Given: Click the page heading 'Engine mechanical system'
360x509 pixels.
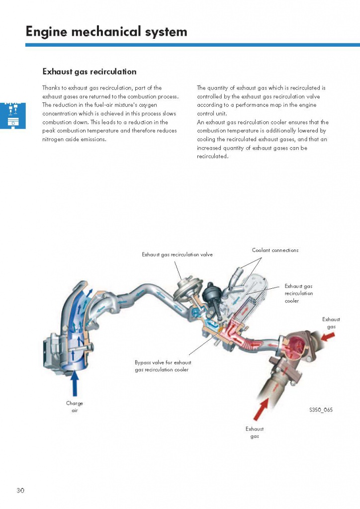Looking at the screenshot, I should coord(106,32).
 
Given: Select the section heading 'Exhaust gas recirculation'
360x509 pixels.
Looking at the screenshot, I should coord(89,72).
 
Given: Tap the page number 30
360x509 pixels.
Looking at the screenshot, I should coord(20,491).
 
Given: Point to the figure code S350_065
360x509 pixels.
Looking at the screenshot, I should coord(321,410).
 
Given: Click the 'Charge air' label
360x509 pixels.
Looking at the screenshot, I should coord(75,407).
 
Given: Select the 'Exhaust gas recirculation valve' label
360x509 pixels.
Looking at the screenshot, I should coord(177,254).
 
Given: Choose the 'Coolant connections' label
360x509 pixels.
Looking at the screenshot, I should coord(275,250).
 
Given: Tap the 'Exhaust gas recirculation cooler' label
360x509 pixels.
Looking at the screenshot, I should coord(298,293).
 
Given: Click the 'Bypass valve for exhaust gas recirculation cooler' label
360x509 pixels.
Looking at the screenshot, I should coord(163,366).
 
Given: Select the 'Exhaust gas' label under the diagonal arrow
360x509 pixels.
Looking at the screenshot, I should coord(255,432).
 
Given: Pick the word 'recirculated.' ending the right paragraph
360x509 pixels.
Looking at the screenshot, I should coord(212,156).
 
